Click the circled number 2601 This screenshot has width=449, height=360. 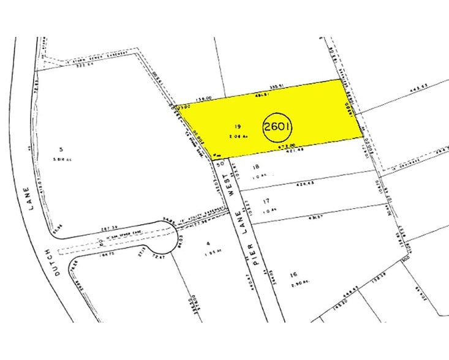coord(277,127)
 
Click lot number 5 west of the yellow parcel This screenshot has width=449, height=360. coord(61,149)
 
